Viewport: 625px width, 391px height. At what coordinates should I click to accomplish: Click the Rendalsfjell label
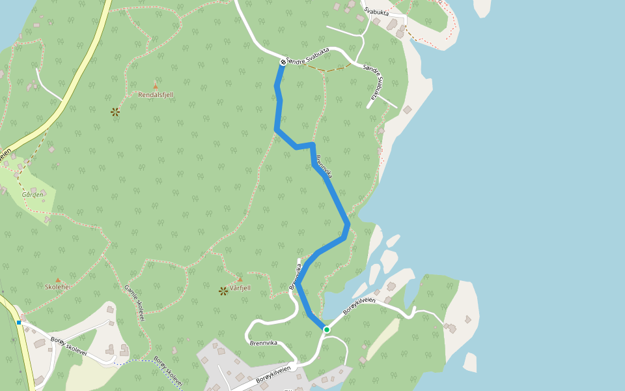point(156,94)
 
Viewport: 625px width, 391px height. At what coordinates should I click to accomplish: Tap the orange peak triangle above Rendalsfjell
point(156,85)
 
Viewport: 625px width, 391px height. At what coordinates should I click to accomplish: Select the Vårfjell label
point(240,287)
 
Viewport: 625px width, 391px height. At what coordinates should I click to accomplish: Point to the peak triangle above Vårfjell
point(240,279)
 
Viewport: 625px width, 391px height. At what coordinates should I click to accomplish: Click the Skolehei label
point(57,287)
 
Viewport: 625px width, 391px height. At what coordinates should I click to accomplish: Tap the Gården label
point(33,194)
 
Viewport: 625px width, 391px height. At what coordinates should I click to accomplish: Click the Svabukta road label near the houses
point(377,12)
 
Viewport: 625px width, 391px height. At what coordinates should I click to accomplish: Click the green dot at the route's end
point(327,330)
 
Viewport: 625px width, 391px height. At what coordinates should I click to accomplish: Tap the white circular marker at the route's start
point(283,62)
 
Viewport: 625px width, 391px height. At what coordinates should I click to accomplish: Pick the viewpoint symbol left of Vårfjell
point(223,291)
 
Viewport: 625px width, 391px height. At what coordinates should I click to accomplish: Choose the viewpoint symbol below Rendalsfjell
point(115,112)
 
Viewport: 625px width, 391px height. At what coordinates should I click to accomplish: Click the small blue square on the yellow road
point(19,323)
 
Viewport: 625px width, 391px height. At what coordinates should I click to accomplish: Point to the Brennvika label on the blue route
point(324,166)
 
